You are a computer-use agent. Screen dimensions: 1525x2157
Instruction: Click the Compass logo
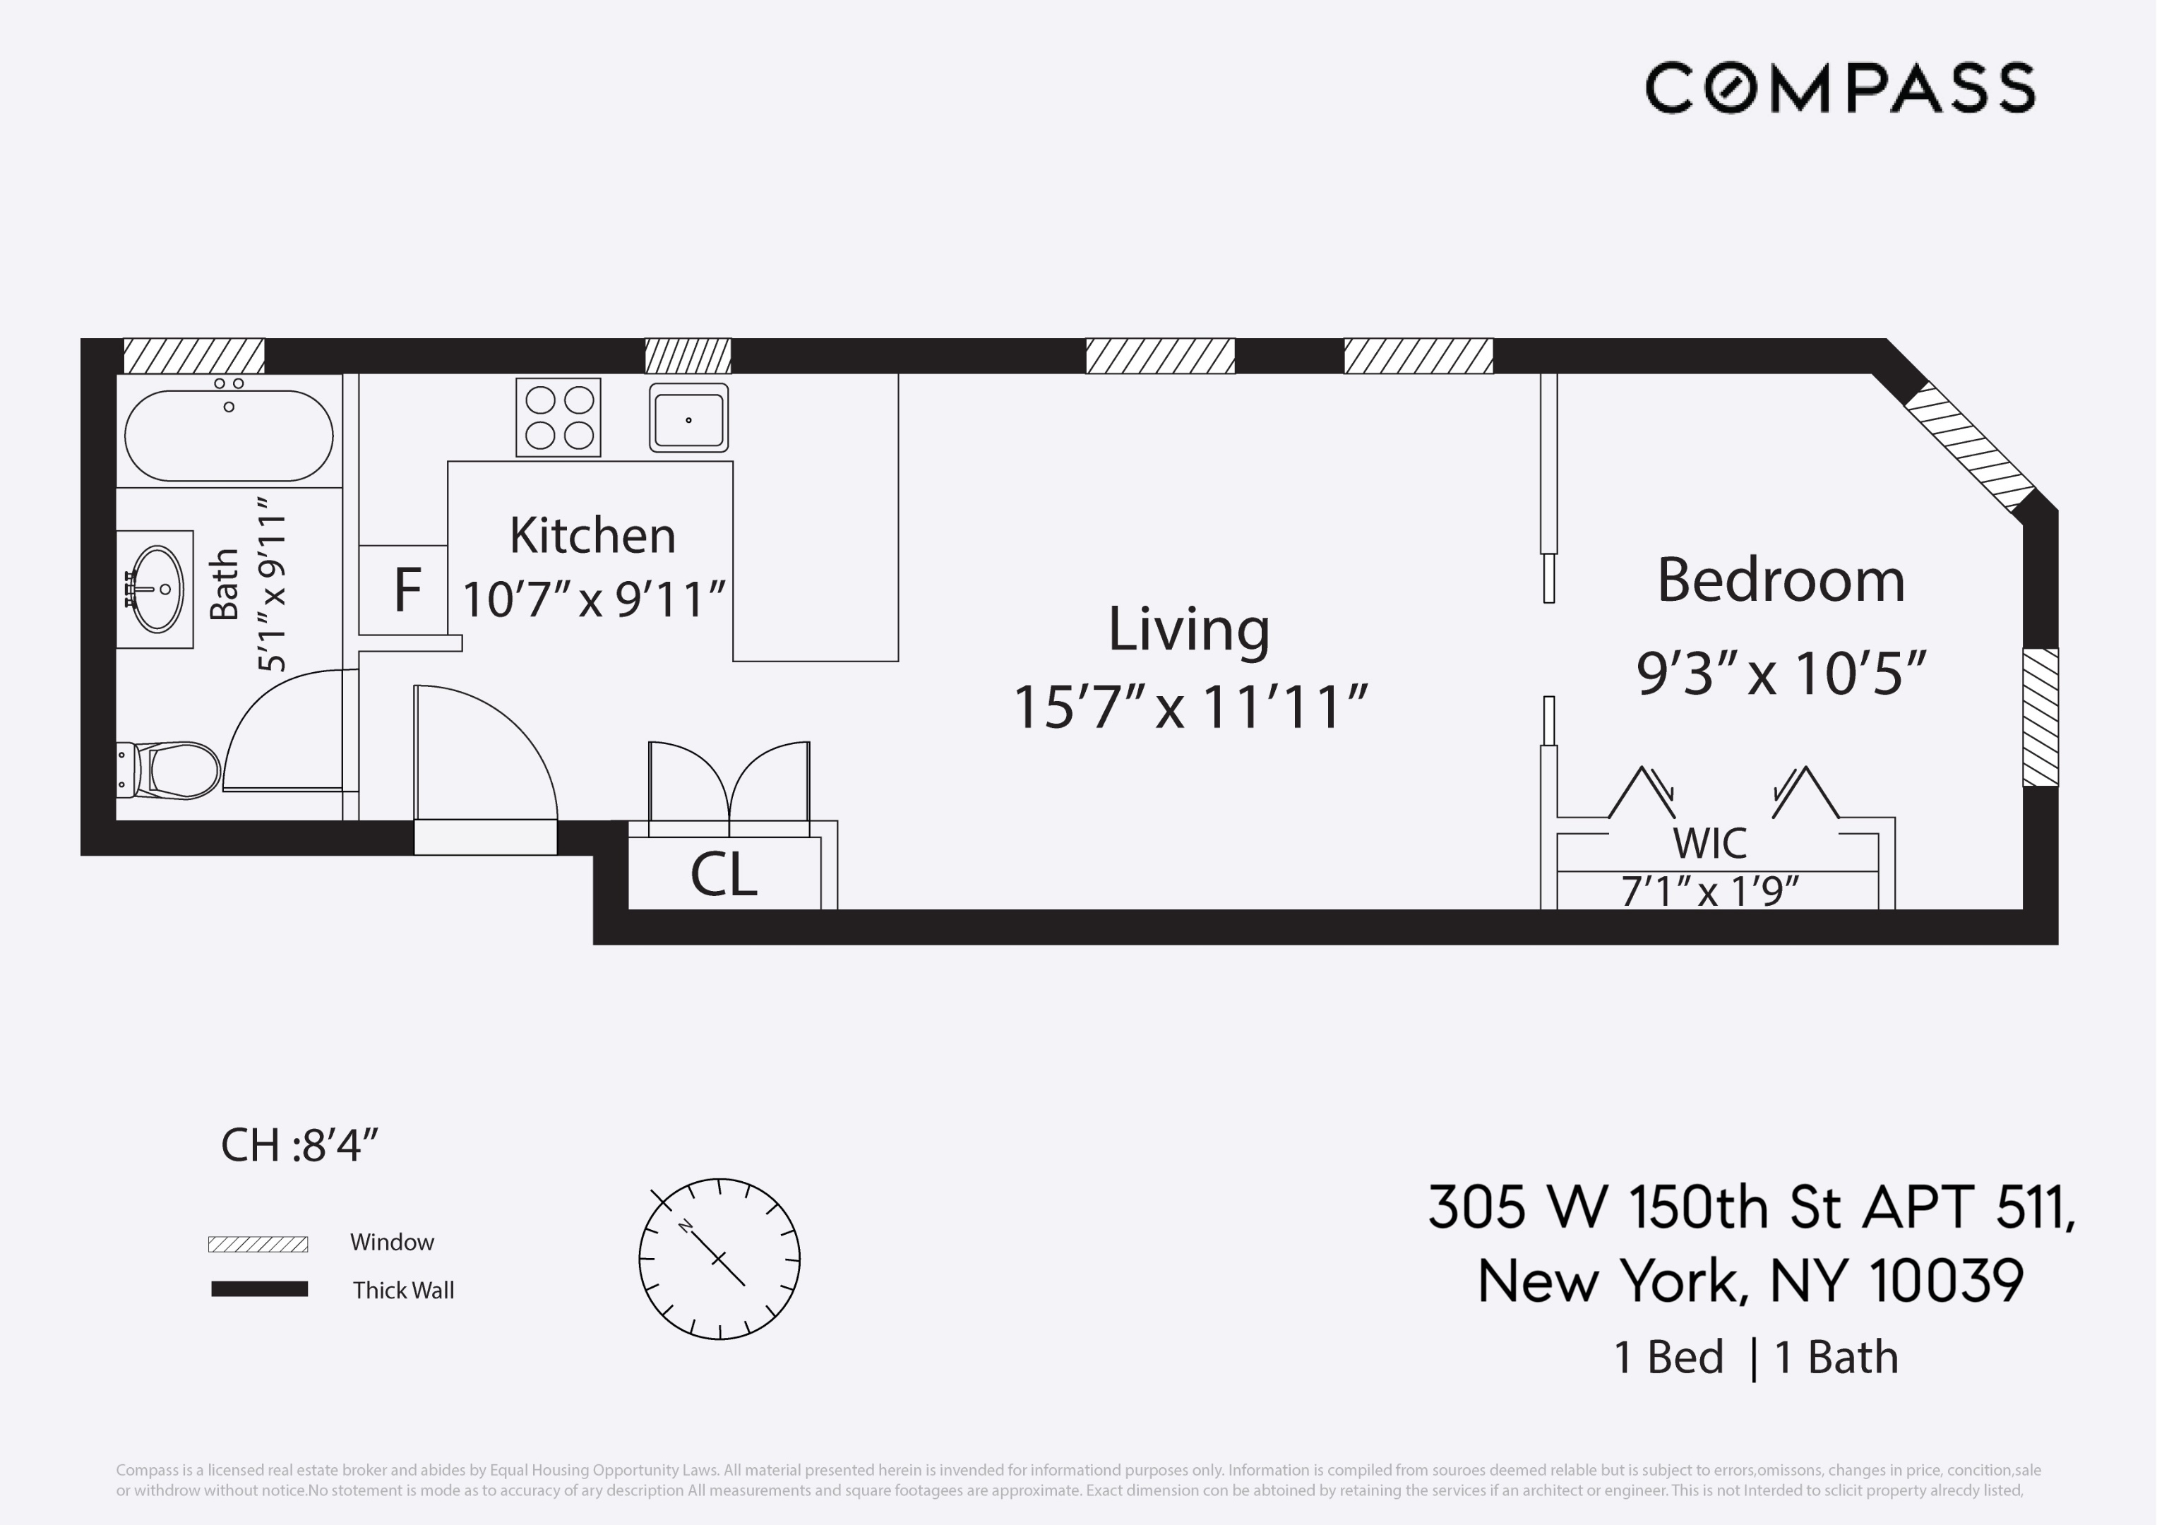click(1839, 88)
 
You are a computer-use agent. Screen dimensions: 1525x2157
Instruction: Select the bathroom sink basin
click(157, 589)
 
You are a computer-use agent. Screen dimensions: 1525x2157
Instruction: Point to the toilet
click(174, 770)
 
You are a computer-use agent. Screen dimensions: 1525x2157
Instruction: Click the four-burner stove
click(558, 417)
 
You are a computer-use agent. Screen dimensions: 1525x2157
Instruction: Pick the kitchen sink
click(688, 418)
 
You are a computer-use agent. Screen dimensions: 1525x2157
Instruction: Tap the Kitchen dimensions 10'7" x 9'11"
click(594, 599)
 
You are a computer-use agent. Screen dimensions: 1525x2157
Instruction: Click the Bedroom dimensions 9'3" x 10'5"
click(1780, 673)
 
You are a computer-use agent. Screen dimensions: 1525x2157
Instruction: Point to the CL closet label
click(724, 874)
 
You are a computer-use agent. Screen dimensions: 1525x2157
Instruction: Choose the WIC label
click(1709, 843)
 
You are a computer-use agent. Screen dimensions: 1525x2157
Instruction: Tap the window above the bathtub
click(193, 356)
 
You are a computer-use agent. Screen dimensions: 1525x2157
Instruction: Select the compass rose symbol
click(719, 1258)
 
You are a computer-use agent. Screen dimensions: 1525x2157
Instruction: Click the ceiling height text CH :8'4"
click(299, 1145)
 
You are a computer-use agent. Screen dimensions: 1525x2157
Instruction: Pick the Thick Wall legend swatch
click(259, 1289)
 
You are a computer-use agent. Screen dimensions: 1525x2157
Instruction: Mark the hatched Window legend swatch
click(258, 1244)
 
